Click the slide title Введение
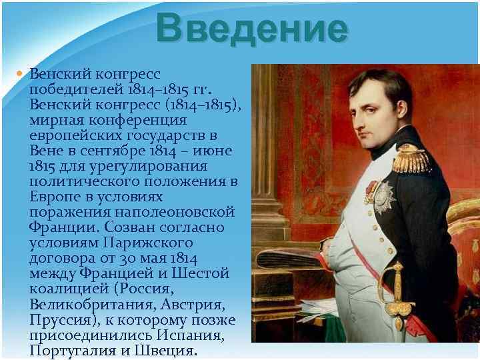coord(252,30)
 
